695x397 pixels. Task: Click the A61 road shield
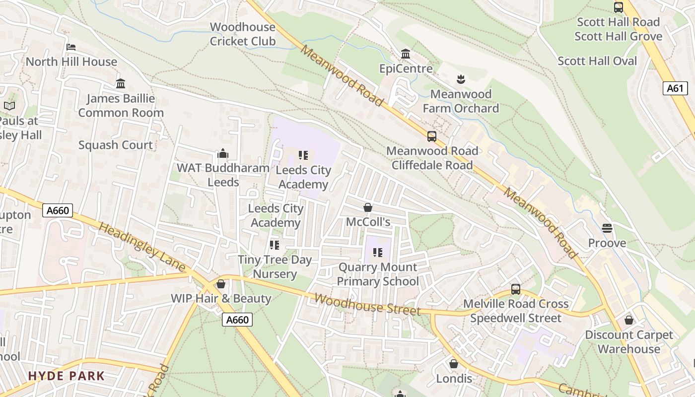(x=675, y=88)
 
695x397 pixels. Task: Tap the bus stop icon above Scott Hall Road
(x=618, y=7)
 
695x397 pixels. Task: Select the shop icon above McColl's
(x=368, y=207)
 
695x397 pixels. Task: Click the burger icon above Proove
(x=607, y=228)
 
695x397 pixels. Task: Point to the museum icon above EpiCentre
(x=406, y=54)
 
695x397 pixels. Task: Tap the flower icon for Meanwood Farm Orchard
(x=461, y=79)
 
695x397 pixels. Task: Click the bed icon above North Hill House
(x=71, y=47)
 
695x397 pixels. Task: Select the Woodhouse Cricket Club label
(x=242, y=34)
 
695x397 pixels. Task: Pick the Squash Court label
(x=116, y=145)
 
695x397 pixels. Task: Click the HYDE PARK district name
(x=67, y=376)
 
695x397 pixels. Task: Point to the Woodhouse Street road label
(x=367, y=304)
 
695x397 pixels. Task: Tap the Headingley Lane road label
(x=142, y=247)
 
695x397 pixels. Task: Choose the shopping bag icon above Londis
(x=453, y=364)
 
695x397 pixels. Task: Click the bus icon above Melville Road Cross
(x=516, y=289)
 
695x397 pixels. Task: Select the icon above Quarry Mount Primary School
(x=378, y=253)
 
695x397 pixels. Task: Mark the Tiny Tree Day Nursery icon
(x=274, y=245)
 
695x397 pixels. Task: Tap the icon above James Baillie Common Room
(x=121, y=83)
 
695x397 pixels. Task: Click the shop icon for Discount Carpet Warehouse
(x=629, y=320)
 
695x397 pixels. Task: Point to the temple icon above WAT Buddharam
(x=223, y=153)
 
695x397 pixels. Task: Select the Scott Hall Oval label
(x=597, y=61)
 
